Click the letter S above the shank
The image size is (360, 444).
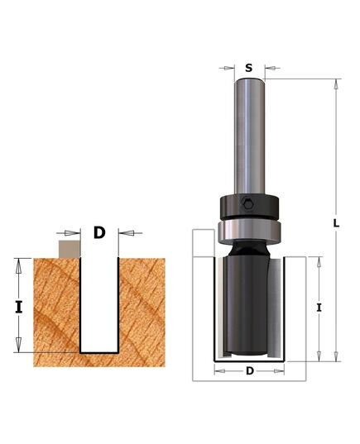tap(249, 69)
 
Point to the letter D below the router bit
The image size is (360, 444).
tap(249, 371)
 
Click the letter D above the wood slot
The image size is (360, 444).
tap(99, 233)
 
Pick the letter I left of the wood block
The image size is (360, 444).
tap(18, 306)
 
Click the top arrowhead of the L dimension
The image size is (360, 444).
tap(336, 84)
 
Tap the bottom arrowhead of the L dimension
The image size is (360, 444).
tap(336, 356)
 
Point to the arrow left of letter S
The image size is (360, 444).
tap(228, 69)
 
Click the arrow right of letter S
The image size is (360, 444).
tap(271, 69)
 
